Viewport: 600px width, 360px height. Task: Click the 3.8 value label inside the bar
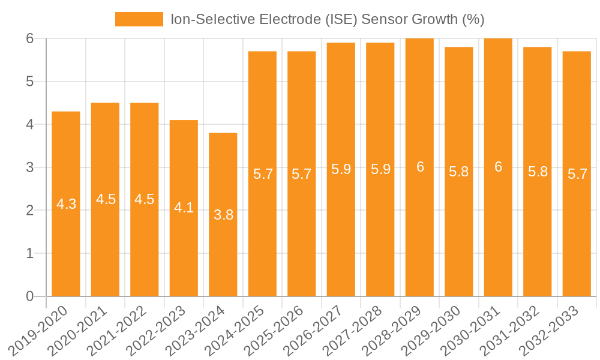point(223,215)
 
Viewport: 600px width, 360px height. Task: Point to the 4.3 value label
point(66,204)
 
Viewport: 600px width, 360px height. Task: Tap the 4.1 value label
point(184,208)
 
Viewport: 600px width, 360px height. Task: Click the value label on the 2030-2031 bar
point(498,167)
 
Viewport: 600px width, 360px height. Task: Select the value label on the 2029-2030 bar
point(459,172)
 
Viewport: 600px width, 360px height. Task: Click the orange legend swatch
point(139,20)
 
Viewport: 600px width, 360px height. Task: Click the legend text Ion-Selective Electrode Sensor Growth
point(327,20)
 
